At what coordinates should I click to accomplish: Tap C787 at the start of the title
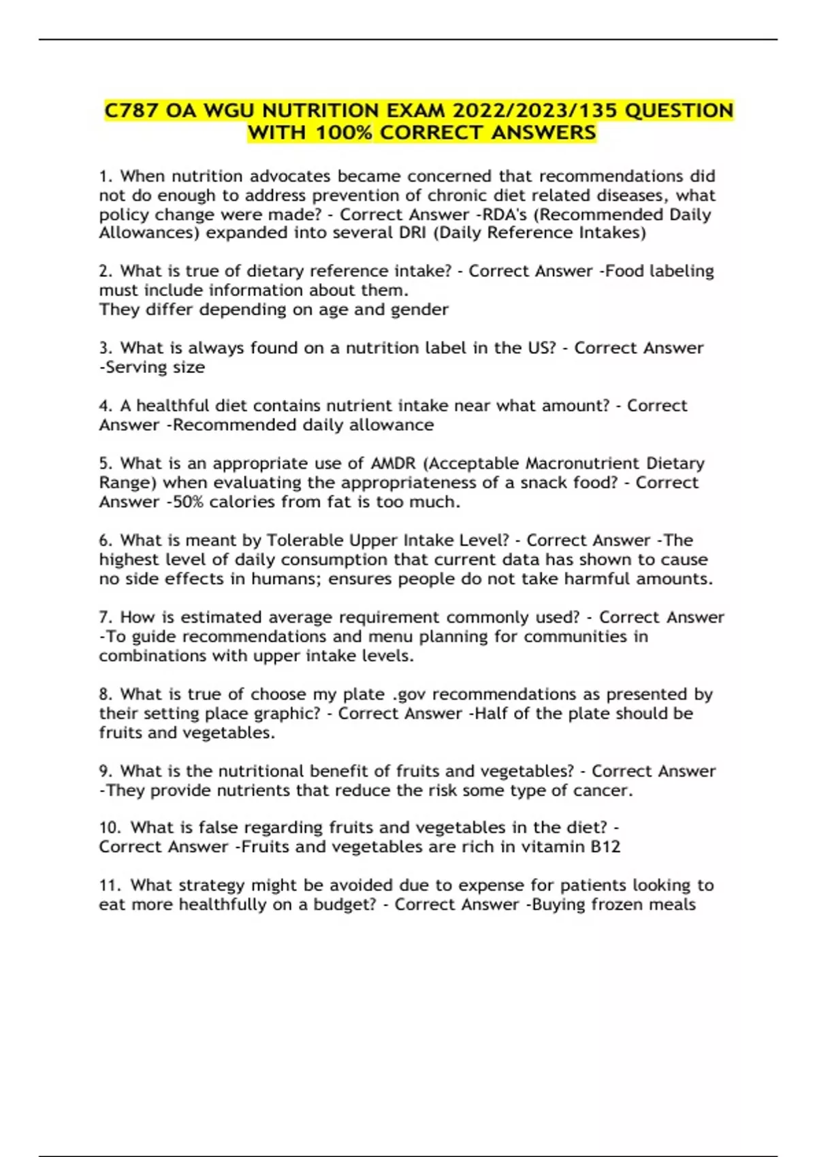tap(131, 110)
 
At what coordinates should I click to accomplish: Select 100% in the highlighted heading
tap(343, 132)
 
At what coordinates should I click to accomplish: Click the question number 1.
tap(105, 176)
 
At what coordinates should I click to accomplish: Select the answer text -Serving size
tap(152, 368)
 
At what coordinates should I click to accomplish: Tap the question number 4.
tap(105, 406)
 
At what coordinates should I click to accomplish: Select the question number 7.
tap(105, 617)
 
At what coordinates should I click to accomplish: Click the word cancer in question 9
tap(603, 791)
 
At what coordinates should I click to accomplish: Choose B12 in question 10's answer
tap(605, 847)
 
